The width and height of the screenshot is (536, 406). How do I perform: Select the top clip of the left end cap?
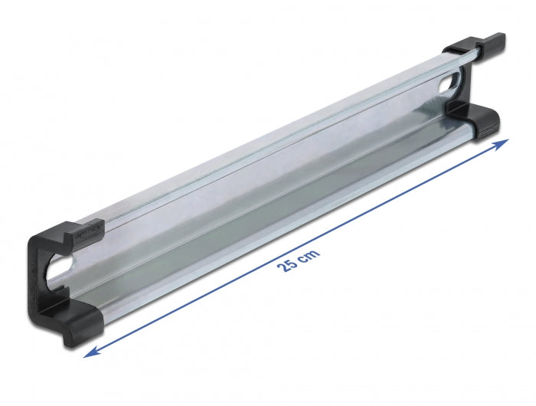coord(77,234)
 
